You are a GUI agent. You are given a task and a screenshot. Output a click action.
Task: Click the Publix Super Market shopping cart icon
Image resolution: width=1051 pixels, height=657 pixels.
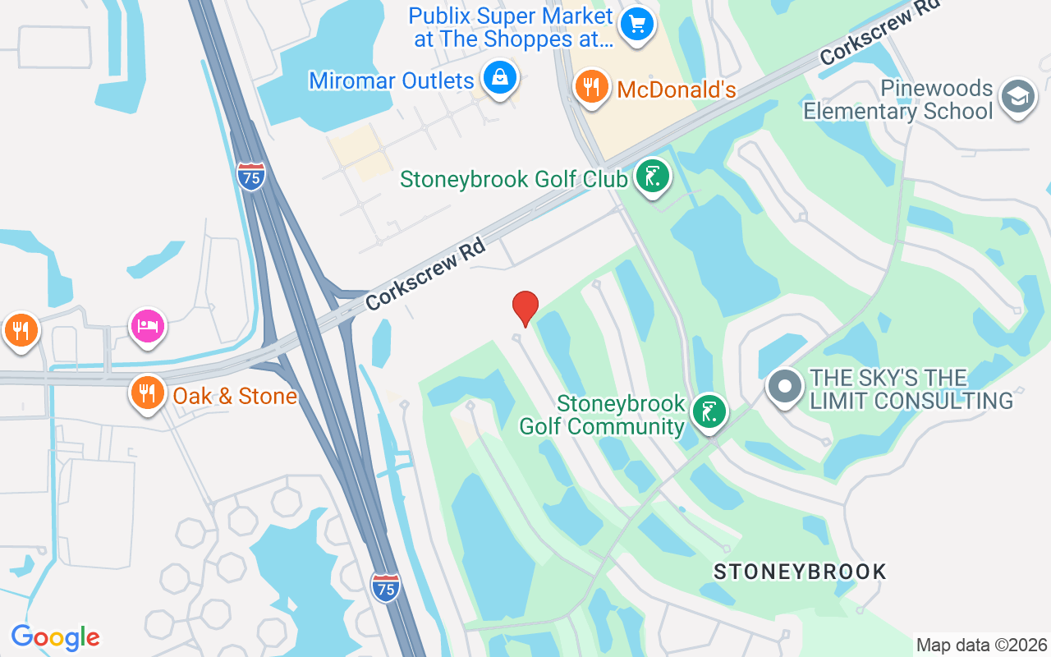tap(636, 23)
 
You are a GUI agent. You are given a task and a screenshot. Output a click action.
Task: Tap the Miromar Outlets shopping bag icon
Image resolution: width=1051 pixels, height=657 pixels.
tap(498, 78)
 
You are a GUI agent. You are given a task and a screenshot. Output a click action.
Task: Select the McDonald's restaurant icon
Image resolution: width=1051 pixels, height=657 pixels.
tap(590, 86)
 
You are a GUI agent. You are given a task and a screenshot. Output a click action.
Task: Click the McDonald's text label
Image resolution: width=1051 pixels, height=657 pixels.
tap(676, 90)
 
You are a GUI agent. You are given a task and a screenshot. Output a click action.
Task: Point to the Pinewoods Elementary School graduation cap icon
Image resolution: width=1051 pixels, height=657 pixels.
tap(1018, 97)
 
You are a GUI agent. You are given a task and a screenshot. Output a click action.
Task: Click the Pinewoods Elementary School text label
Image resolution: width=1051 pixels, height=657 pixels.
tap(898, 99)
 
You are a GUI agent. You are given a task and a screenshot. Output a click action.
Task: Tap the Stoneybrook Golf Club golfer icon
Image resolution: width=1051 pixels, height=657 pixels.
tap(653, 177)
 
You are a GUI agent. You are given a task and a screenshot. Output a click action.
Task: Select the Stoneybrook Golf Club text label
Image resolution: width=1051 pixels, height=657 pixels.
tap(514, 179)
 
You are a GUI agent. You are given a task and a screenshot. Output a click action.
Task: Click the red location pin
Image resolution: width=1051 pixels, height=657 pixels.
tap(525, 308)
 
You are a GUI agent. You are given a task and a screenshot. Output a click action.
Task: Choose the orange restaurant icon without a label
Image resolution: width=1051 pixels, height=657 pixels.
tap(21, 330)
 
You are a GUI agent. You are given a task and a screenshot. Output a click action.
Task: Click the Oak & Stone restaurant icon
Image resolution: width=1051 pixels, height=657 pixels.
tap(148, 393)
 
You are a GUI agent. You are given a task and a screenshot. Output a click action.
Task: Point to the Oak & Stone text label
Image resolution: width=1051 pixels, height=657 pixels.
tap(235, 396)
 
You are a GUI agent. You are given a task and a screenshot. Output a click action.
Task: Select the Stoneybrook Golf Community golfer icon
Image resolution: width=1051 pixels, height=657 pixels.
tap(709, 411)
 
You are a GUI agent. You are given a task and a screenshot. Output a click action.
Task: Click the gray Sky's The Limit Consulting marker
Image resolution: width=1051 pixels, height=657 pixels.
tap(785, 386)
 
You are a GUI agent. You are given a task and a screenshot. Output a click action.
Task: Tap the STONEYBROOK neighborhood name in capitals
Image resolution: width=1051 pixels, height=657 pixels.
tap(800, 572)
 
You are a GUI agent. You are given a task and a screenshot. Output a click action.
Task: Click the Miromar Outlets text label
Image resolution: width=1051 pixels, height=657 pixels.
tap(392, 80)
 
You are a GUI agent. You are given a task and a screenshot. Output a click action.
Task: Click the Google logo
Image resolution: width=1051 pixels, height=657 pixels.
tap(55, 636)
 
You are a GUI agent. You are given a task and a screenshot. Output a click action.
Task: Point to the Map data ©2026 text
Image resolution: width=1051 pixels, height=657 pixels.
tap(981, 645)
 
